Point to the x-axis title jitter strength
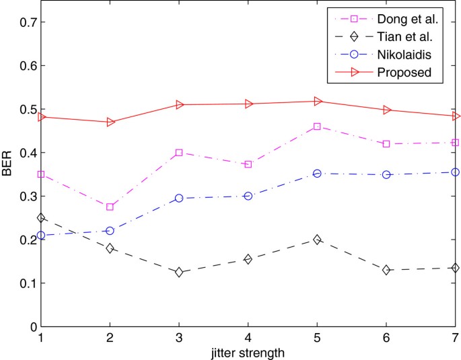(248, 352)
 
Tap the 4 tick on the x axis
(248, 337)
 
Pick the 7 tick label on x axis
(455, 337)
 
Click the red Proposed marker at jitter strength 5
(318, 101)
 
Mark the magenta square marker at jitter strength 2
(110, 207)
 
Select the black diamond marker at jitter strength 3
(179, 273)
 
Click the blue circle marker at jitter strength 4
(248, 196)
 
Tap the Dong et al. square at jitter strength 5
(317, 127)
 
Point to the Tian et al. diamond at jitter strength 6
(386, 270)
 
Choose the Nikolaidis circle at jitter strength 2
(110, 231)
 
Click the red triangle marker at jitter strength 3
(180, 104)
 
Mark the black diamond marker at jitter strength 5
(317, 240)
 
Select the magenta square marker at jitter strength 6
(386, 144)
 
